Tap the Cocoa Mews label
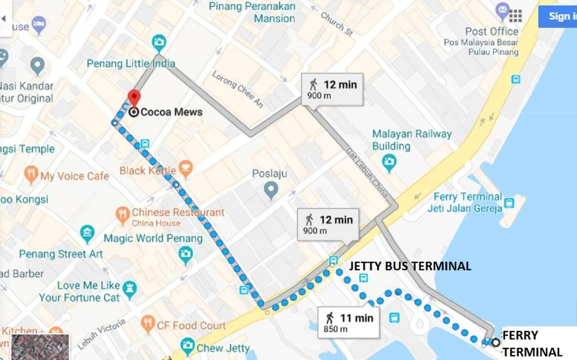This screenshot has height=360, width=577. pyautogui.click(x=171, y=112)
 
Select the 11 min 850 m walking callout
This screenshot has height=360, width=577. pyautogui.click(x=349, y=322)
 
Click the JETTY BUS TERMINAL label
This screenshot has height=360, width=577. pyautogui.click(x=410, y=266)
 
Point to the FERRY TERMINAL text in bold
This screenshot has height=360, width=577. pyautogui.click(x=532, y=344)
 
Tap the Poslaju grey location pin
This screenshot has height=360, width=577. pyautogui.click(x=271, y=190)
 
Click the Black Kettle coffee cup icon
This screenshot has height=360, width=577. pyautogui.click(x=185, y=169)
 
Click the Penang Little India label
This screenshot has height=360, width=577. pyautogui.click(x=131, y=63)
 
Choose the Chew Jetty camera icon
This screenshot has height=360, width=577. pyautogui.click(x=188, y=347)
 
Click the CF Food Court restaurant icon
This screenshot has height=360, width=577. pyautogui.click(x=148, y=324)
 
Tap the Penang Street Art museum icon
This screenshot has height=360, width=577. pyautogui.click(x=87, y=234)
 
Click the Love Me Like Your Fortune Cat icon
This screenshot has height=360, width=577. pyautogui.click(x=129, y=290)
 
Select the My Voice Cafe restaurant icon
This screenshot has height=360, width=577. pyautogui.click(x=31, y=175)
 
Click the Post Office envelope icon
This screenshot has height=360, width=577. pyautogui.click(x=503, y=10)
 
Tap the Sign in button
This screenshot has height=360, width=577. pyautogui.click(x=558, y=16)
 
